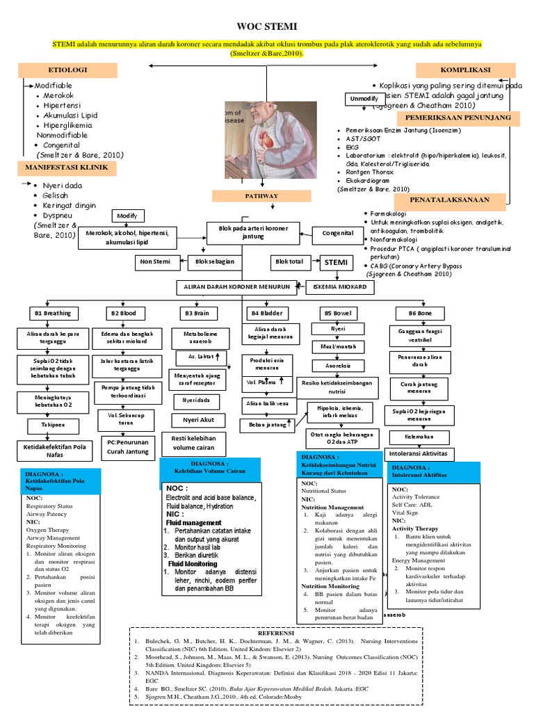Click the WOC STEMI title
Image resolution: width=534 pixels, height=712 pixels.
pyautogui.click(x=267, y=26)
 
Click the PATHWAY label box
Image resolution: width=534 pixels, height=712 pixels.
pyautogui.click(x=261, y=196)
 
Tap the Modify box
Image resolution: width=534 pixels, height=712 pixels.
pyautogui.click(x=127, y=216)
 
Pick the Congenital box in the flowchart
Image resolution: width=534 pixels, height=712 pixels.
pyautogui.click(x=338, y=234)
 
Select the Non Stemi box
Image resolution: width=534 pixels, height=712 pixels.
pyautogui.click(x=156, y=261)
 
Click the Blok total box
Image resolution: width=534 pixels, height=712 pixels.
pyautogui.click(x=290, y=261)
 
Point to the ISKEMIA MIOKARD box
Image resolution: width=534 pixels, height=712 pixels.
pyautogui.click(x=336, y=286)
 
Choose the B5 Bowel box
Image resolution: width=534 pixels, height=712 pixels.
pyautogui.click(x=337, y=314)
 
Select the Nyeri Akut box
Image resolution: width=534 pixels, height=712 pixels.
pyautogui.click(x=198, y=419)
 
